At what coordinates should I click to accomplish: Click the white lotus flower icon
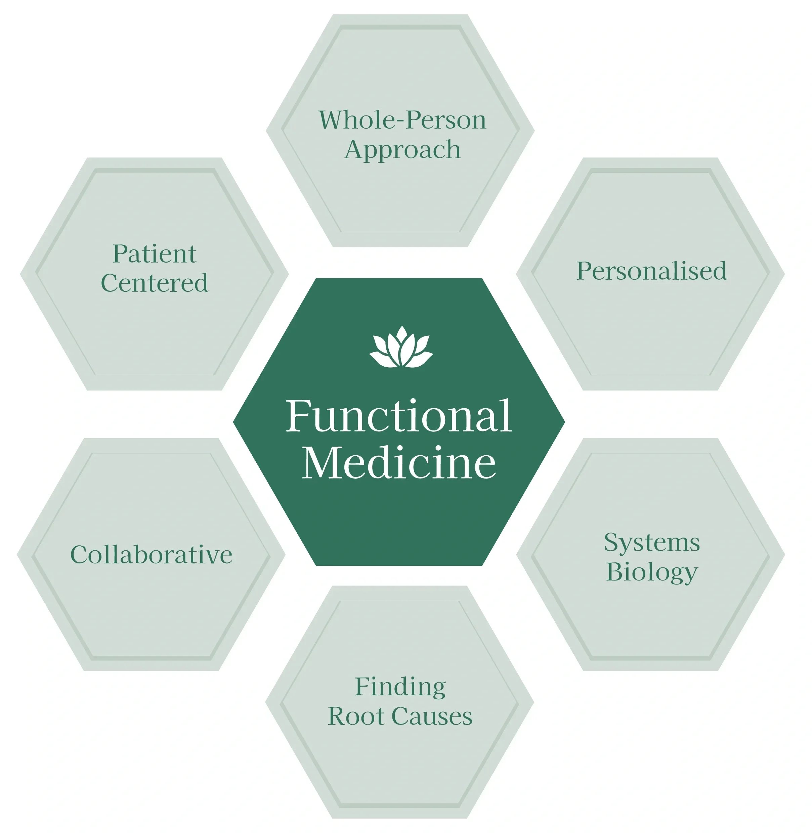[401, 348]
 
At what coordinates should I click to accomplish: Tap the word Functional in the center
[398, 416]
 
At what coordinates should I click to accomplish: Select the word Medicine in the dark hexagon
[399, 463]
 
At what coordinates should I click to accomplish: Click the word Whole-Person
[402, 120]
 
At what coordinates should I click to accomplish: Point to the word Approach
[402, 150]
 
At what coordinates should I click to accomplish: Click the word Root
[356, 716]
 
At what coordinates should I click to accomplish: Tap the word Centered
[155, 283]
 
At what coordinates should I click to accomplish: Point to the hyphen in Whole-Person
[400, 122]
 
